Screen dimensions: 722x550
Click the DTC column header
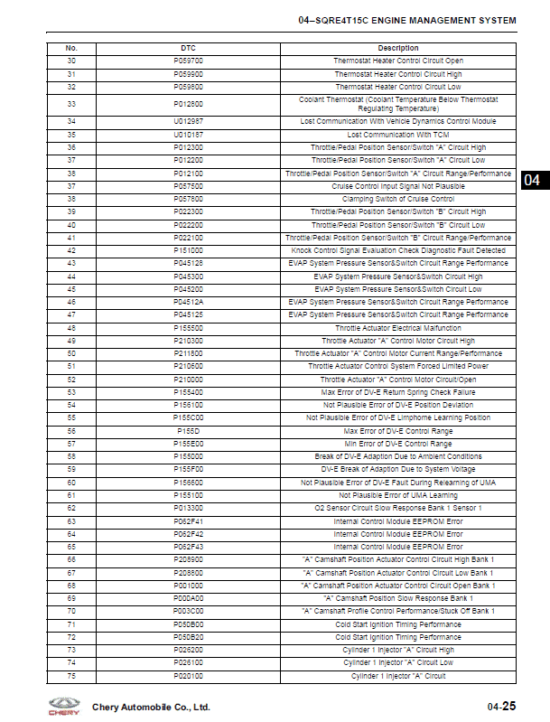[188, 48]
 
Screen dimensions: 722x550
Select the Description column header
[398, 48]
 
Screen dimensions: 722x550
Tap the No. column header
[71, 48]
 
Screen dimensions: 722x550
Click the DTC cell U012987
[188, 121]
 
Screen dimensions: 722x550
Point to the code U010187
[188, 135]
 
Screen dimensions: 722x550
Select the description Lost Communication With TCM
[398, 135]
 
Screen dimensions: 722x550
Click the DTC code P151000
[188, 250]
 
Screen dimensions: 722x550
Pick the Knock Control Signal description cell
[398, 250]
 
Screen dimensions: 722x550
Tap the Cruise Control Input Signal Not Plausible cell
[398, 186]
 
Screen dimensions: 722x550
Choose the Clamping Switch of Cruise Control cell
[398, 199]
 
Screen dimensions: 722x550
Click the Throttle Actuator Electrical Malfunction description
[398, 328]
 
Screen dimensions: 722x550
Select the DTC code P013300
[188, 508]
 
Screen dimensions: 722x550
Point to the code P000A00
[188, 598]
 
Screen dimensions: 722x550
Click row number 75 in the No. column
[71, 676]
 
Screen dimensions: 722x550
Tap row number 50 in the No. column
[71, 353]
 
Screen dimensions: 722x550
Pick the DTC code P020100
[188, 676]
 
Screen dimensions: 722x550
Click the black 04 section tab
[533, 180]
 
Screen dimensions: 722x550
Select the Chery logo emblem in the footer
[62, 706]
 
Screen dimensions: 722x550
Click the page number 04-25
[501, 706]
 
